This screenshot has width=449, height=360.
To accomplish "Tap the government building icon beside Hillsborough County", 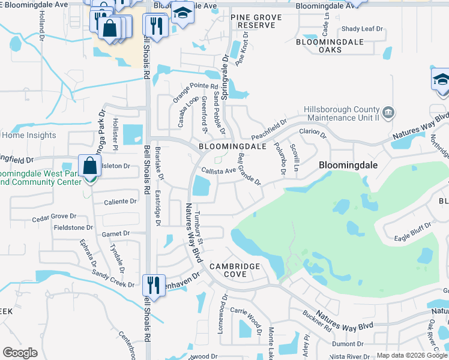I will pyautogui.click(x=388, y=111).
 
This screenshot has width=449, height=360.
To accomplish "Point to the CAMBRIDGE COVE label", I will pyautogui.click(x=235, y=270).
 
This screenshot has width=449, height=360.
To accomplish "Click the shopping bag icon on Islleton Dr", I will pyautogui.click(x=89, y=166).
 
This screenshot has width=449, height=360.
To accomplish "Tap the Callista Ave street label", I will pyautogui.click(x=217, y=170).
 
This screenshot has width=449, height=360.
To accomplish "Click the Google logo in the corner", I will pyautogui.click(x=20, y=353).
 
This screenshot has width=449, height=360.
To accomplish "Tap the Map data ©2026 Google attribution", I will pyautogui.click(x=412, y=356).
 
